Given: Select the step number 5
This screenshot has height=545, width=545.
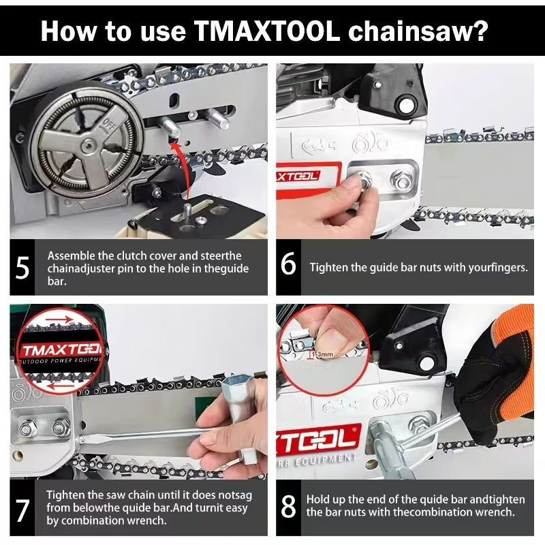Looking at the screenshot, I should (22, 268).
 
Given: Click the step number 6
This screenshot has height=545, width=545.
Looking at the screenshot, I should (289, 265).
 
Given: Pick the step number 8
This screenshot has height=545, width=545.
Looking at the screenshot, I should (289, 505).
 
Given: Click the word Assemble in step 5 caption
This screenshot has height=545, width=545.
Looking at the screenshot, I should (70, 255).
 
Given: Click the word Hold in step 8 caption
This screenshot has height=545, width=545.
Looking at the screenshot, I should (318, 499).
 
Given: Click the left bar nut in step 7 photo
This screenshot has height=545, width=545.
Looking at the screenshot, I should (28, 429).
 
